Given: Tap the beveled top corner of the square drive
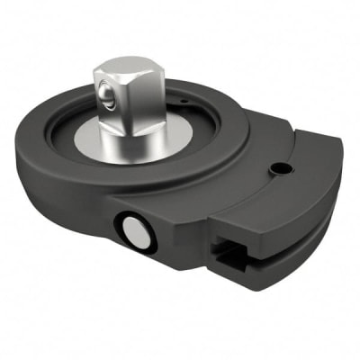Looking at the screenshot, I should click(158, 71).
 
